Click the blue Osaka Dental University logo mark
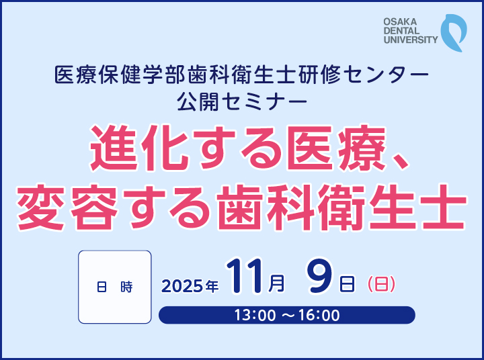(453, 32)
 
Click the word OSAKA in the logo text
(400, 22)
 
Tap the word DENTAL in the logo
(401, 31)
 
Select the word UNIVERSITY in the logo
(411, 40)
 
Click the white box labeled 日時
(115, 287)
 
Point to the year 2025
(182, 286)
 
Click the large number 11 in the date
(245, 276)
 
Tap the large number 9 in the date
(319, 276)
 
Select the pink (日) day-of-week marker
(381, 284)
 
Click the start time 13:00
(255, 315)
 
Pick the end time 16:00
(319, 315)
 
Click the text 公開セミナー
(242, 102)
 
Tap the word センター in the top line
(387, 75)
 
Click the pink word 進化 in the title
(140, 148)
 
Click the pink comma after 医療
(401, 162)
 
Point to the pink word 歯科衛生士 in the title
(341, 208)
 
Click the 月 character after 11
(276, 283)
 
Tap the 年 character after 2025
(212, 286)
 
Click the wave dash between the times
(287, 315)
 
